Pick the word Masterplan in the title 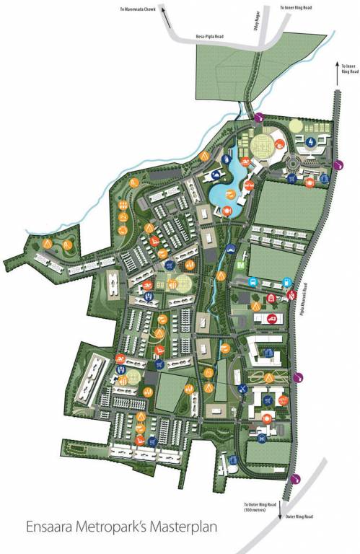189,529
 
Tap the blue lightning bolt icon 310,142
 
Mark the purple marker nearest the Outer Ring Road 294,478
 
